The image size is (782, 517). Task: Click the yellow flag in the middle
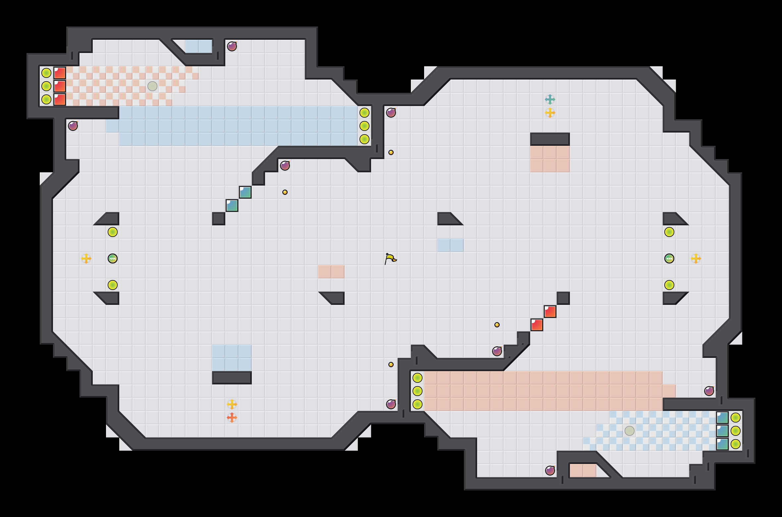coord(390,258)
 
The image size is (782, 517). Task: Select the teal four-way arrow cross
coord(550,99)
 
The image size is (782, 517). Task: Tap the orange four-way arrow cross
coord(232,417)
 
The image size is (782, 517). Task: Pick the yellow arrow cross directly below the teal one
coord(550,113)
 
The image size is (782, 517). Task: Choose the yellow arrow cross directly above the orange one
coord(232,404)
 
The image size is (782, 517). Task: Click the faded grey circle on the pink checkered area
coord(152,86)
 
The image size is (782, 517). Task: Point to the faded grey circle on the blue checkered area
coord(630,431)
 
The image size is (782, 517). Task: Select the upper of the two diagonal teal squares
coord(245,192)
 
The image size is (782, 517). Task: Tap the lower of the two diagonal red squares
coord(537,325)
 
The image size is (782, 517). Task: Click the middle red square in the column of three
coord(60,86)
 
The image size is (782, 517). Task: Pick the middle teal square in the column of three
coord(722,431)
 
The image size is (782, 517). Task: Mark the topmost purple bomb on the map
coord(232,46)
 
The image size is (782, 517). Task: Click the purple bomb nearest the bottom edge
coord(550,471)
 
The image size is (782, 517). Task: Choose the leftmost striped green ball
coord(113,258)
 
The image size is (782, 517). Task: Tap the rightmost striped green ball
coord(669,258)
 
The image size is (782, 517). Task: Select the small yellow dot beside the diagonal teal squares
coord(285,192)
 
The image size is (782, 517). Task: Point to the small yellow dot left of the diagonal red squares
coord(497,325)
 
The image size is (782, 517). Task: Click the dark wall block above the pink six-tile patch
coord(550,139)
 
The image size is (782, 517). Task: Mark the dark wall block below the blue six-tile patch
coord(232,378)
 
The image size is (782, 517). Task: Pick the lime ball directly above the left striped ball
coord(113,232)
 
